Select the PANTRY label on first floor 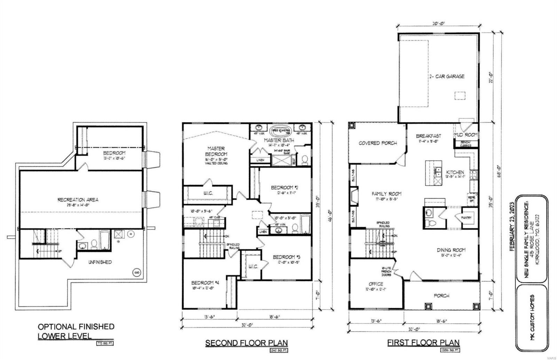tap(467, 218)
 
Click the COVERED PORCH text tap(378, 143)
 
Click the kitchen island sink tap(439, 174)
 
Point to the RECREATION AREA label tap(78, 200)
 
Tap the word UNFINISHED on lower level tap(100, 262)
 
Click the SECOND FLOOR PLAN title tap(246, 343)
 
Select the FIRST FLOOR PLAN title tap(423, 343)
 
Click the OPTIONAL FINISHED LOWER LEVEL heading tap(76, 331)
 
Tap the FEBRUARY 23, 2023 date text tap(511, 225)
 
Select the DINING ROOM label tap(451, 250)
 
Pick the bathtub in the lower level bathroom tap(105, 240)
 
